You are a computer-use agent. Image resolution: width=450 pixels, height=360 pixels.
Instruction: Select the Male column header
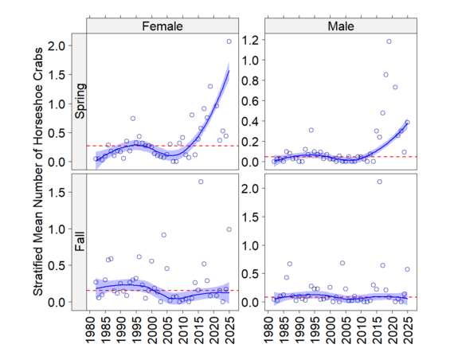341,26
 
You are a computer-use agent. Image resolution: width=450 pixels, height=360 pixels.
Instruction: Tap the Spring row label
80,102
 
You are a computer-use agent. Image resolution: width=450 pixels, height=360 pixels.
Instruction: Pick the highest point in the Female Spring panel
229,41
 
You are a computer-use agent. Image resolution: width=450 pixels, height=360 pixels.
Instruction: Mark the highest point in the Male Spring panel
389,41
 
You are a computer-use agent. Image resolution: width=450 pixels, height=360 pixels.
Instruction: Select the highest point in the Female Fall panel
201,182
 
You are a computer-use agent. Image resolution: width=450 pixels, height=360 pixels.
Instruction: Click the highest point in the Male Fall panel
379,182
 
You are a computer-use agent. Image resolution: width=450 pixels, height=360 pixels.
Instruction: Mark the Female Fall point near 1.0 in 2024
229,229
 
